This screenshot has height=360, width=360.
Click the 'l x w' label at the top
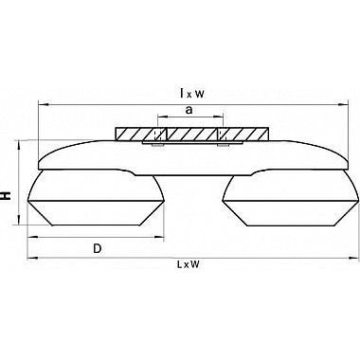click(192, 94)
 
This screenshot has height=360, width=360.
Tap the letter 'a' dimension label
click(189, 110)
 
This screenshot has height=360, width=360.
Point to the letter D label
click(98, 249)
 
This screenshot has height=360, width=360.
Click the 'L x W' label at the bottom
click(189, 264)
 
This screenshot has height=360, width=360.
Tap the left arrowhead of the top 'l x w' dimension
click(43, 103)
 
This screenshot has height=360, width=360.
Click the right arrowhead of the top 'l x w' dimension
click(343, 103)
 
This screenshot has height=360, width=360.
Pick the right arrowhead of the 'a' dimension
click(219, 117)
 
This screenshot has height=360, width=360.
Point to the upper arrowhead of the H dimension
click(20, 145)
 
